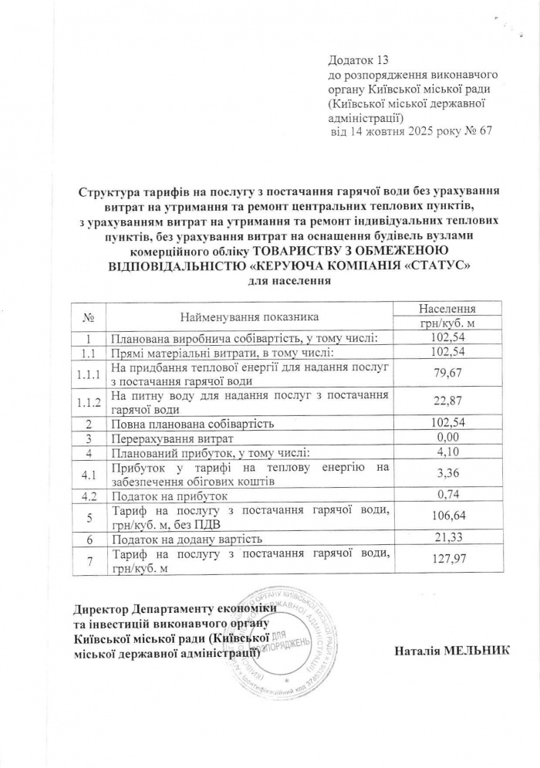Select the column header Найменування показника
[x=249, y=316]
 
